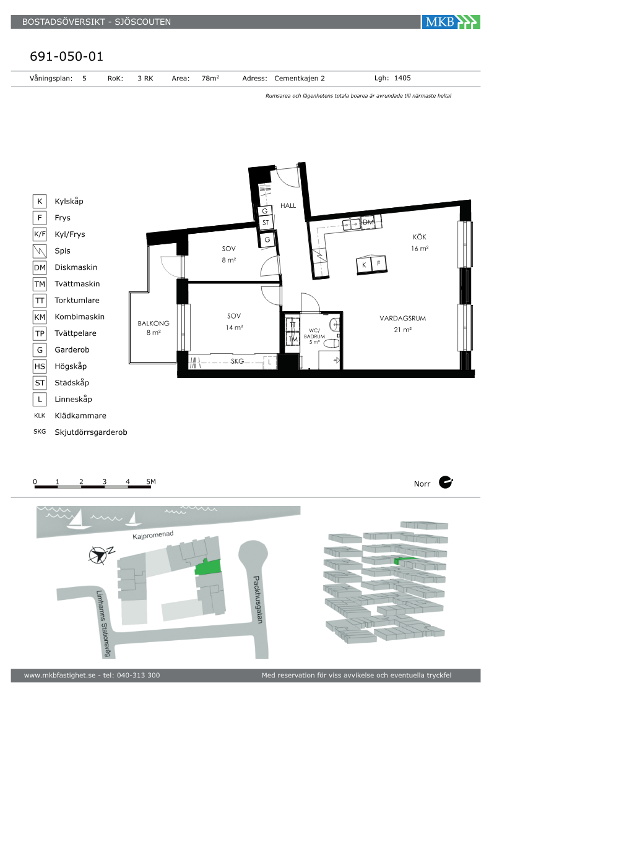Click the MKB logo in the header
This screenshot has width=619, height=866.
point(451,22)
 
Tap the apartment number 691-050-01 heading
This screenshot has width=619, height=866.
point(67,56)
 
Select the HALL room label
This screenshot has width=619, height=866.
point(288,205)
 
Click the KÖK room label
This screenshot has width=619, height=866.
point(420,236)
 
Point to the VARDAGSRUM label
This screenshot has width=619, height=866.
point(403,318)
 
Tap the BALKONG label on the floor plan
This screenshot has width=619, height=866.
point(154,323)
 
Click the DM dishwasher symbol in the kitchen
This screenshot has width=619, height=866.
point(368,222)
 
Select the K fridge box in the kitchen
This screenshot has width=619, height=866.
point(364,265)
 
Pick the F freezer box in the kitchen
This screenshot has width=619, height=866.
point(379,264)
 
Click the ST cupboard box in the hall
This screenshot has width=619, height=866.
point(266,223)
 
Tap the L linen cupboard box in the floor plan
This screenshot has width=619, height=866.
point(270,362)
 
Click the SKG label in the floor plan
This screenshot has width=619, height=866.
point(237,361)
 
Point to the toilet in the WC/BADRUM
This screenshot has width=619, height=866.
point(331,343)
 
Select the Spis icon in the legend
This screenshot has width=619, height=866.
point(40,251)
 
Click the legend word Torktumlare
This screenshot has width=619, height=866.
point(77,301)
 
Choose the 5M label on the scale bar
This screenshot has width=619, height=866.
point(151,482)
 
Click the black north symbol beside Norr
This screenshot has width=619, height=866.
point(446,482)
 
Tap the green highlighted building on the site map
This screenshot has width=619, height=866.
point(208,567)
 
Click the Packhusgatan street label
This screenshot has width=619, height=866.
point(258,599)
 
